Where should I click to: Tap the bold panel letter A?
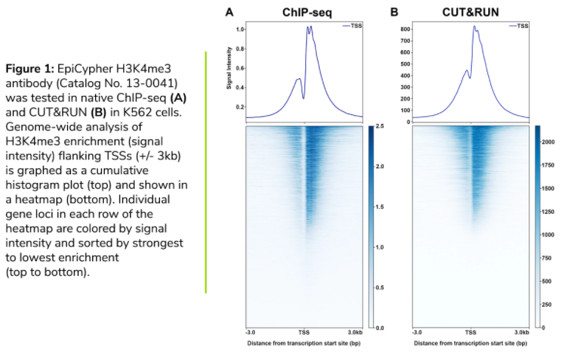pos(229,12)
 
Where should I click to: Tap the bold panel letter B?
pos(394,12)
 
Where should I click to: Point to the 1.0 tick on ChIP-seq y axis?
pos(240,30)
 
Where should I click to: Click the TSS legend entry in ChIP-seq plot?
pos(352,26)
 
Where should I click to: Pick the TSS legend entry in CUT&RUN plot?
pos(518,26)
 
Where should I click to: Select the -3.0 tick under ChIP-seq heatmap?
pos(251,333)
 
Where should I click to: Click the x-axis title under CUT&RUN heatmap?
pos(470,343)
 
